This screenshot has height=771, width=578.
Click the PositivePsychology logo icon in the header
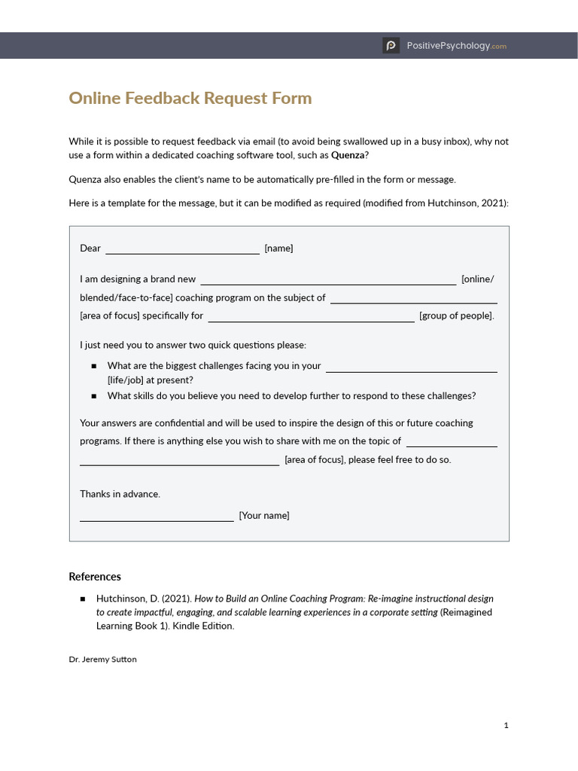[391, 46]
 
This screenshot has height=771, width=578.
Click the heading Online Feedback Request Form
[190, 99]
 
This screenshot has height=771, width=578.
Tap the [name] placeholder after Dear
[278, 248]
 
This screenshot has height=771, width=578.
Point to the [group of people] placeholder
[457, 315]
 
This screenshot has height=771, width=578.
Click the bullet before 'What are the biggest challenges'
[94, 366]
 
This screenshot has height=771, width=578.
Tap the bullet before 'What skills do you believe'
[94, 396]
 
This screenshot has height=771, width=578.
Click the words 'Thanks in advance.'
[120, 494]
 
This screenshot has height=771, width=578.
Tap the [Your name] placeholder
[264, 516]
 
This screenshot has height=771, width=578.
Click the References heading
[95, 577]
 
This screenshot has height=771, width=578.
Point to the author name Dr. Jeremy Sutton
[102, 659]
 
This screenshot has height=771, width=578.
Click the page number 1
[507, 725]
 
